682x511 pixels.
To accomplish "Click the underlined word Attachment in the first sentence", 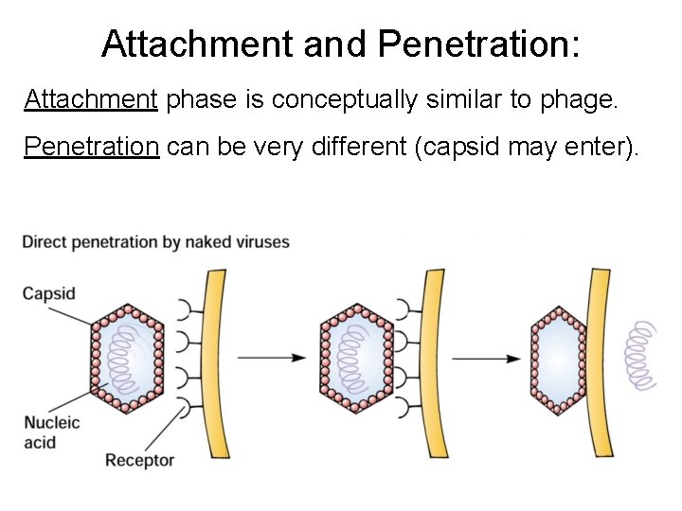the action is [91, 99].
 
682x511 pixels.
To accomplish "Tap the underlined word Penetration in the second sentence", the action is [91, 148].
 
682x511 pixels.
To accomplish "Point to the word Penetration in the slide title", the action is [478, 44].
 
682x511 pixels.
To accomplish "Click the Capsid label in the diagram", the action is [49, 293].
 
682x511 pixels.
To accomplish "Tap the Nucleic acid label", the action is [52, 432].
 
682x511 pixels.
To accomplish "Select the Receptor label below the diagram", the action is [139, 461].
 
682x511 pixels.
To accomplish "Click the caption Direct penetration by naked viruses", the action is [156, 242].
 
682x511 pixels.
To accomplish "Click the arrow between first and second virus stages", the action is [270, 358].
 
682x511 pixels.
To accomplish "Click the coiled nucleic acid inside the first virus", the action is [127, 359].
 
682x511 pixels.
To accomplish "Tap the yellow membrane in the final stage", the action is [601, 360].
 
